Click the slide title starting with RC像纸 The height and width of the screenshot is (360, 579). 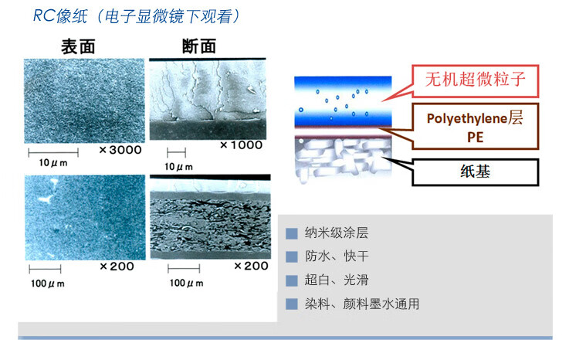pos(136,16)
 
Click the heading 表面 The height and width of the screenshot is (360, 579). pos(78,47)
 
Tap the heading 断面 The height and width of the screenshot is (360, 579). pos(199,46)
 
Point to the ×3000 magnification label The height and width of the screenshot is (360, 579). pos(120,150)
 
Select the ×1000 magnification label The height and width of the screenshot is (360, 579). pos(241,145)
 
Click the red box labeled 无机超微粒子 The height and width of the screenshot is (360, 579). pos(475,81)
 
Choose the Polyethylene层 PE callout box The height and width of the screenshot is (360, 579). pos(475,127)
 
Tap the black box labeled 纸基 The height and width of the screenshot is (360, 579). pos(475,172)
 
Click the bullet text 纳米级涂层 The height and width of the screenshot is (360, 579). pos(337,233)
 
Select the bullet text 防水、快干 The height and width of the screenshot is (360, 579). pos(337,256)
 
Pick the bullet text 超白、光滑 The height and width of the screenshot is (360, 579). pos(337,280)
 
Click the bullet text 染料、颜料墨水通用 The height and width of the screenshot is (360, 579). pos(362,304)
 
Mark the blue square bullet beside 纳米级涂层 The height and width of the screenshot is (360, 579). pos(292,233)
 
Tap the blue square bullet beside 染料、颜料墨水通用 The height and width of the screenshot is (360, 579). pos(292,304)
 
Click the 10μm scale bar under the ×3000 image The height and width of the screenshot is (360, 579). pos(53,152)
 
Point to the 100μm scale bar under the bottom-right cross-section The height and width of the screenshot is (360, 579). pos(184,268)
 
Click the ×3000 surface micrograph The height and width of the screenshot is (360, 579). pos(85,101)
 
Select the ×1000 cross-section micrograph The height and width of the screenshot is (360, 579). pos(208,99)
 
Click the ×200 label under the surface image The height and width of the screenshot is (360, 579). pos(117,266)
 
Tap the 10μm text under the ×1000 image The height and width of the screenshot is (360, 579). pos(179,167)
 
